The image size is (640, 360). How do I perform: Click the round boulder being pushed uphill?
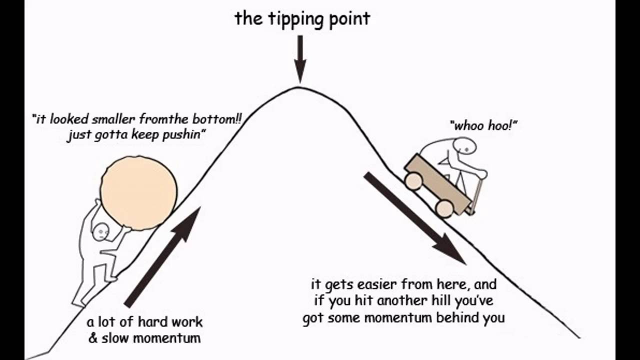(139, 193)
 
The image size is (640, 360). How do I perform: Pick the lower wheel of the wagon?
(444, 208)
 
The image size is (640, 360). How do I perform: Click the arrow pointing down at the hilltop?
(300, 59)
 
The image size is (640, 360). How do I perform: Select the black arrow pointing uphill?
(162, 257)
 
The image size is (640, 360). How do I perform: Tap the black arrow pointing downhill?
(415, 218)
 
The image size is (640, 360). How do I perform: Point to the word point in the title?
(350, 19)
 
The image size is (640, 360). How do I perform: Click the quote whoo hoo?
(483, 125)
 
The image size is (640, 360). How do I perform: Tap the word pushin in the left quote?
(182, 135)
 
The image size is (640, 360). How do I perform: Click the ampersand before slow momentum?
(93, 338)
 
